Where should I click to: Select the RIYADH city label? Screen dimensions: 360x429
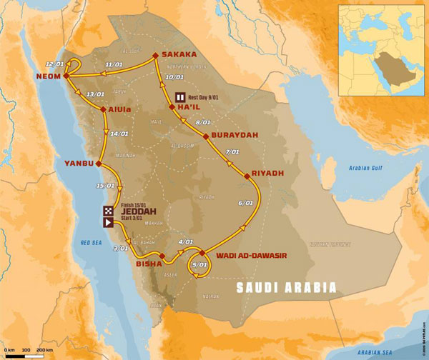269,173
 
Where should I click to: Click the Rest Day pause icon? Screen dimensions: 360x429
182,97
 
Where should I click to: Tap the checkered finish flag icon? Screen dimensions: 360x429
108,210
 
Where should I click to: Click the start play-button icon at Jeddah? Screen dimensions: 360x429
108,222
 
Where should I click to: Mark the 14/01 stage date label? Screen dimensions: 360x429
119,134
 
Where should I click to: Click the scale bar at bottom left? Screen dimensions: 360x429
29,348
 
